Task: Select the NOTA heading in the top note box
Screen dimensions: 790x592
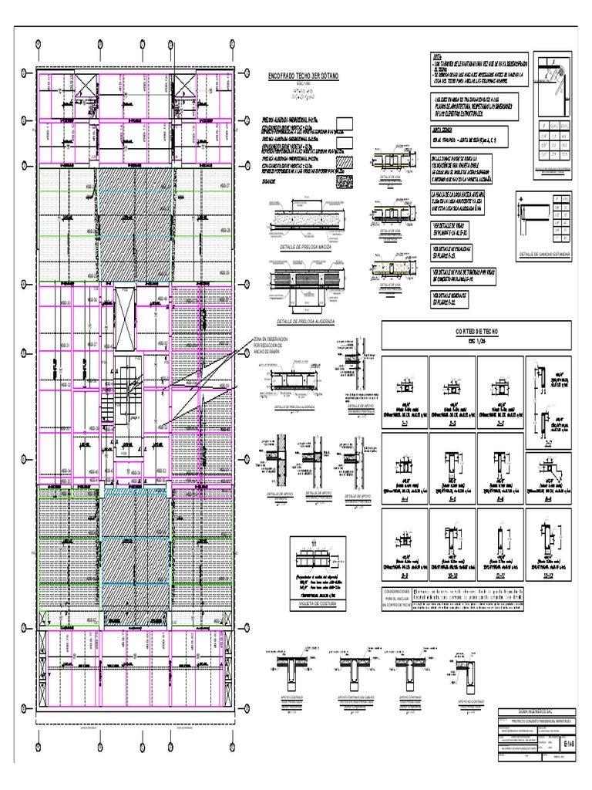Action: [439, 58]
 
